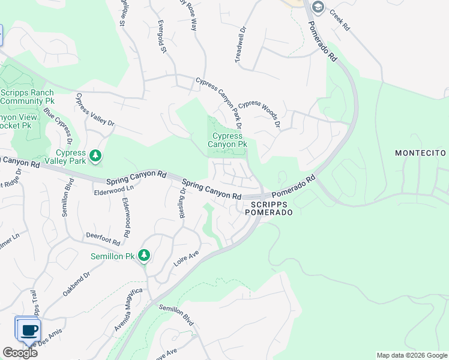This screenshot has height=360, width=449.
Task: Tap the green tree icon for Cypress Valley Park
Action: [x=95, y=157]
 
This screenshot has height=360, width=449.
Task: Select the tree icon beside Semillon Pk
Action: [x=144, y=256]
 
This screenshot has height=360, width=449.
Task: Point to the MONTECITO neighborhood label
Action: [x=421, y=154]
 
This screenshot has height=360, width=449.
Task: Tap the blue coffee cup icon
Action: [x=28, y=329]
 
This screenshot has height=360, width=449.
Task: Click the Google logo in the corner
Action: [x=19, y=353]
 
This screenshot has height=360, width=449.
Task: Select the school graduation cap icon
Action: [x=318, y=8]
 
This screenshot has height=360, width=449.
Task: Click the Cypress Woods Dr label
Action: [x=260, y=113]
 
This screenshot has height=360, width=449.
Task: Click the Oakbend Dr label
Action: [x=76, y=284]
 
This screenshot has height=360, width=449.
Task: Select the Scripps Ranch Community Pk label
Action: [x=27, y=97]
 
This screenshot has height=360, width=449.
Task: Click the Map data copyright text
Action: [x=411, y=355]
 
